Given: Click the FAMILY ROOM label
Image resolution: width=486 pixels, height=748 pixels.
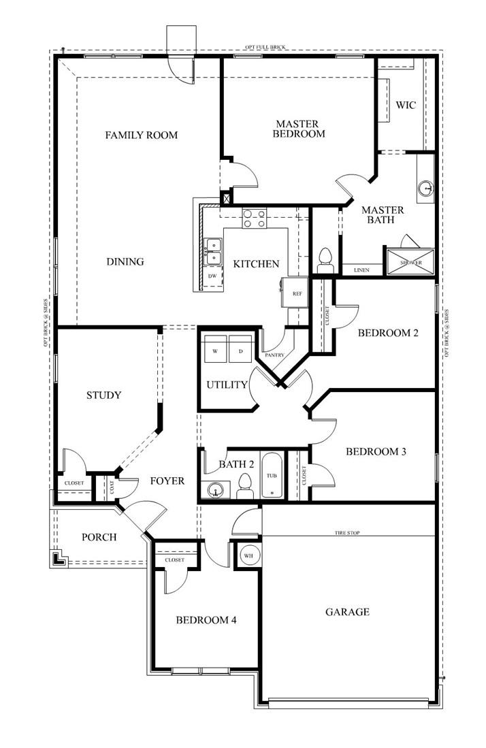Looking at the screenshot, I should point(141,135).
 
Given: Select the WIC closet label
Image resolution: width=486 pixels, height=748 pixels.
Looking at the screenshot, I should point(406,105).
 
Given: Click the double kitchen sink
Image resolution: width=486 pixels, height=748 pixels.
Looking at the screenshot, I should point(213,251).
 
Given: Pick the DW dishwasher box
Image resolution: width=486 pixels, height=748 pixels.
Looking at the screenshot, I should point(212,276).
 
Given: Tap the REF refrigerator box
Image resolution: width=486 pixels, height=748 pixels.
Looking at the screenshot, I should point(296,293).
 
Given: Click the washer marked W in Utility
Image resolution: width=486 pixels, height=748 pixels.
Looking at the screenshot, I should point(215,344).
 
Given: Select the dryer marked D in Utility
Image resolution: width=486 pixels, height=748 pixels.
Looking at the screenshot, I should point(240,344).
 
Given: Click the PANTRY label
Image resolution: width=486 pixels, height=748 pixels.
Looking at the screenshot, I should point(275,355).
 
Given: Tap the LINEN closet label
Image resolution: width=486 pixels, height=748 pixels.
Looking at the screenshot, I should point(361,270).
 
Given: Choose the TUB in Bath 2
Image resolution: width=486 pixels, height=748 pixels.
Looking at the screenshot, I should point(272,475).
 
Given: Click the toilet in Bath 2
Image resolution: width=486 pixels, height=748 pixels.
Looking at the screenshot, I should point(245,486).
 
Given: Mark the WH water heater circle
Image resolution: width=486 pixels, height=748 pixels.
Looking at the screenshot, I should point(248,555).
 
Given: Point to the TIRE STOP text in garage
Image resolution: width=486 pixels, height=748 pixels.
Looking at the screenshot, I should point(347,533).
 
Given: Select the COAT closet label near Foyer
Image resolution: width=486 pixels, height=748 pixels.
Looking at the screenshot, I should point(110,486).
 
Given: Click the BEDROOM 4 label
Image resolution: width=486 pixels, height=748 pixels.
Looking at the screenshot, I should point(206,620).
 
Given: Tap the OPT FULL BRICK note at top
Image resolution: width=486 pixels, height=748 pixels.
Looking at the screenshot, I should point(266,48).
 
